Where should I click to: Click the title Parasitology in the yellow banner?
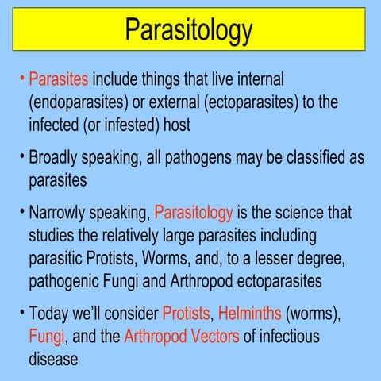pyautogui.click(x=189, y=29)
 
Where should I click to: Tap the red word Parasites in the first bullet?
pyautogui.click(x=60, y=79)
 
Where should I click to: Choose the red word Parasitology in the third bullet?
pyautogui.click(x=194, y=214)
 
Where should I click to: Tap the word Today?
pyautogui.click(x=49, y=314)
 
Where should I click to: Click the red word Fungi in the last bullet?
pyautogui.click(x=46, y=337)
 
